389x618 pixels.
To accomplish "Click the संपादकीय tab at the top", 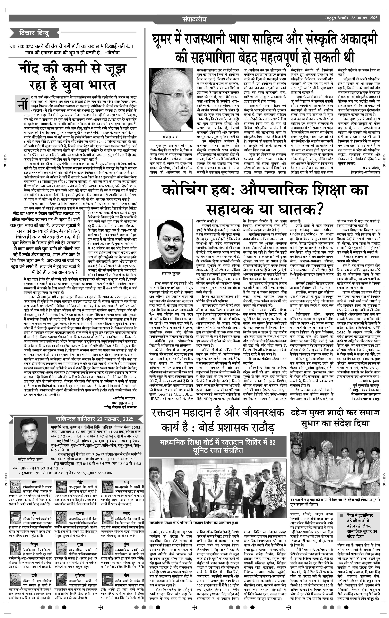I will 194,19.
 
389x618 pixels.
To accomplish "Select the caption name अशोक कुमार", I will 171,274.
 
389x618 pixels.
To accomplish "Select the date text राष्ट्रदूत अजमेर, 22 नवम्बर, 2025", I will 351,18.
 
